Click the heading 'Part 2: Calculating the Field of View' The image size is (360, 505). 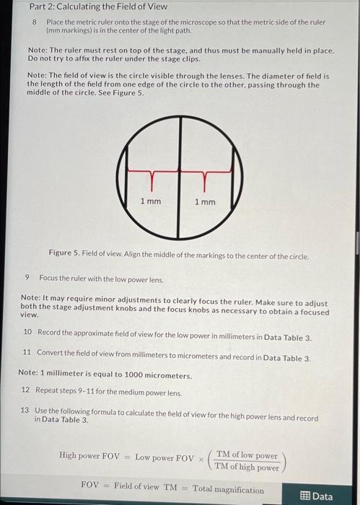coord(98,6)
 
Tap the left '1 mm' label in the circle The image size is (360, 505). coord(150,201)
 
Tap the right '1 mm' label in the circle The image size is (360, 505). coord(205,201)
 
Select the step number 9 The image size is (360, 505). coord(27,278)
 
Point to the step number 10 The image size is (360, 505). coord(27,332)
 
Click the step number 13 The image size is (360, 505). coord(25,410)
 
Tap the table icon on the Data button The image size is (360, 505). coord(304,496)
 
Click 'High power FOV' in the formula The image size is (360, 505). coord(89,456)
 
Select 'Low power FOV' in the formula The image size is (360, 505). coord(164,457)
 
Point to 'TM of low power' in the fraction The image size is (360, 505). coord(247,455)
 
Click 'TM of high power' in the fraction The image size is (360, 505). coord(247,467)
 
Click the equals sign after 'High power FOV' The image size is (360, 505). coord(127,457)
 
